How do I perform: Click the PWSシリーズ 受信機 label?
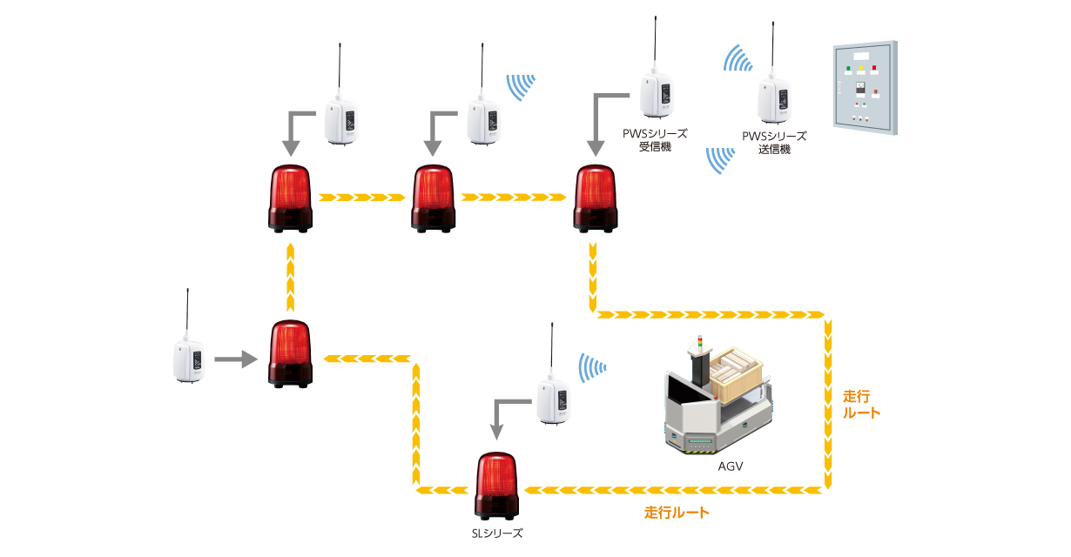[655, 140]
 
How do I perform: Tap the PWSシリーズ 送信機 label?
[774, 143]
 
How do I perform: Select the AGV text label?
[730, 466]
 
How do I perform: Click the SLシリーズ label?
[496, 533]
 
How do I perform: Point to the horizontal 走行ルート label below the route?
[677, 513]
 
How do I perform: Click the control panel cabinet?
[862, 86]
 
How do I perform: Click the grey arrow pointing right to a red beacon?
[235, 358]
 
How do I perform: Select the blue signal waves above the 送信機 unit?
[738, 58]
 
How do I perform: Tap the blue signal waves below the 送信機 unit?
[719, 160]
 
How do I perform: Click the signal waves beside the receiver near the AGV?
[594, 366]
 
